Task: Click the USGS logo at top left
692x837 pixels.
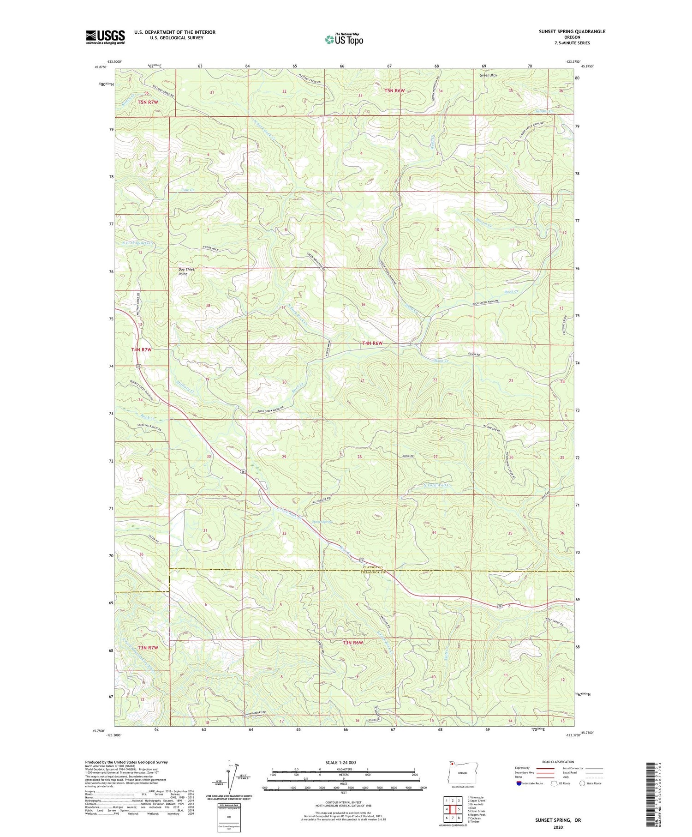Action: coord(105,37)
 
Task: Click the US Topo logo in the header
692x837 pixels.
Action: coord(344,39)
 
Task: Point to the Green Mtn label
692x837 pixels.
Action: coord(488,75)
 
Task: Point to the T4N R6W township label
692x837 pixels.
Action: coord(372,343)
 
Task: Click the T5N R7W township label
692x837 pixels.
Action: coord(148,102)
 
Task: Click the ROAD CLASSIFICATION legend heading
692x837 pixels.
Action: coord(558,762)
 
